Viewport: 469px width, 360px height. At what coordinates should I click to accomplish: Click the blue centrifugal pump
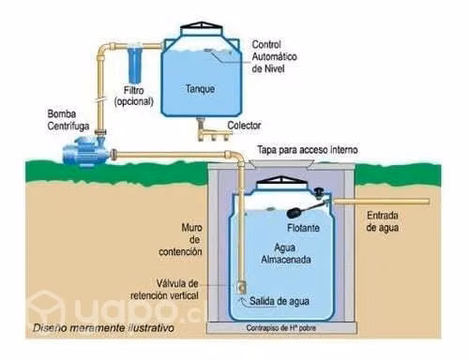click(86, 151)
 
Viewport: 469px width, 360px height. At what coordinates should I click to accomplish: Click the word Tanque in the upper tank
click(200, 89)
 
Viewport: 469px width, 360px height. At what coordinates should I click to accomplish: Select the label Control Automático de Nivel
click(274, 56)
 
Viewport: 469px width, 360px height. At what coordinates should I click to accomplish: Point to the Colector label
click(244, 126)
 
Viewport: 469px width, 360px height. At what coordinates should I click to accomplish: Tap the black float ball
click(295, 213)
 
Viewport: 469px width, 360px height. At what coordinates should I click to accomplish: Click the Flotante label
click(303, 228)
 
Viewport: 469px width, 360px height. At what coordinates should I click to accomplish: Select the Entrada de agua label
click(383, 221)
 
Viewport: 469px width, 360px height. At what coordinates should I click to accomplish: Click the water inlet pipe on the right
click(381, 202)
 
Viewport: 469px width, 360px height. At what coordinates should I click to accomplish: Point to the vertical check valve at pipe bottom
click(241, 288)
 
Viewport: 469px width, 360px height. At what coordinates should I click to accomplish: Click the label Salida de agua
click(280, 302)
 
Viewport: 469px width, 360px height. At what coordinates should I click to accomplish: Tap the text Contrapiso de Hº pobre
click(280, 328)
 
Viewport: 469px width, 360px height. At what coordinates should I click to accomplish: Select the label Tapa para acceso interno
click(308, 150)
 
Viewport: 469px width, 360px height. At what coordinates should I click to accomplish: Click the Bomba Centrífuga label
click(68, 120)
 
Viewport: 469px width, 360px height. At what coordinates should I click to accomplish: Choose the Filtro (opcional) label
click(134, 97)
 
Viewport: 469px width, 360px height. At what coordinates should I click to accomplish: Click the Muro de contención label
click(180, 239)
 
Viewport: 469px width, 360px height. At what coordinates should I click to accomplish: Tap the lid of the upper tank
click(202, 29)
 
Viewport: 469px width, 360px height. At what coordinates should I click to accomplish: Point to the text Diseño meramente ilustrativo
click(103, 328)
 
